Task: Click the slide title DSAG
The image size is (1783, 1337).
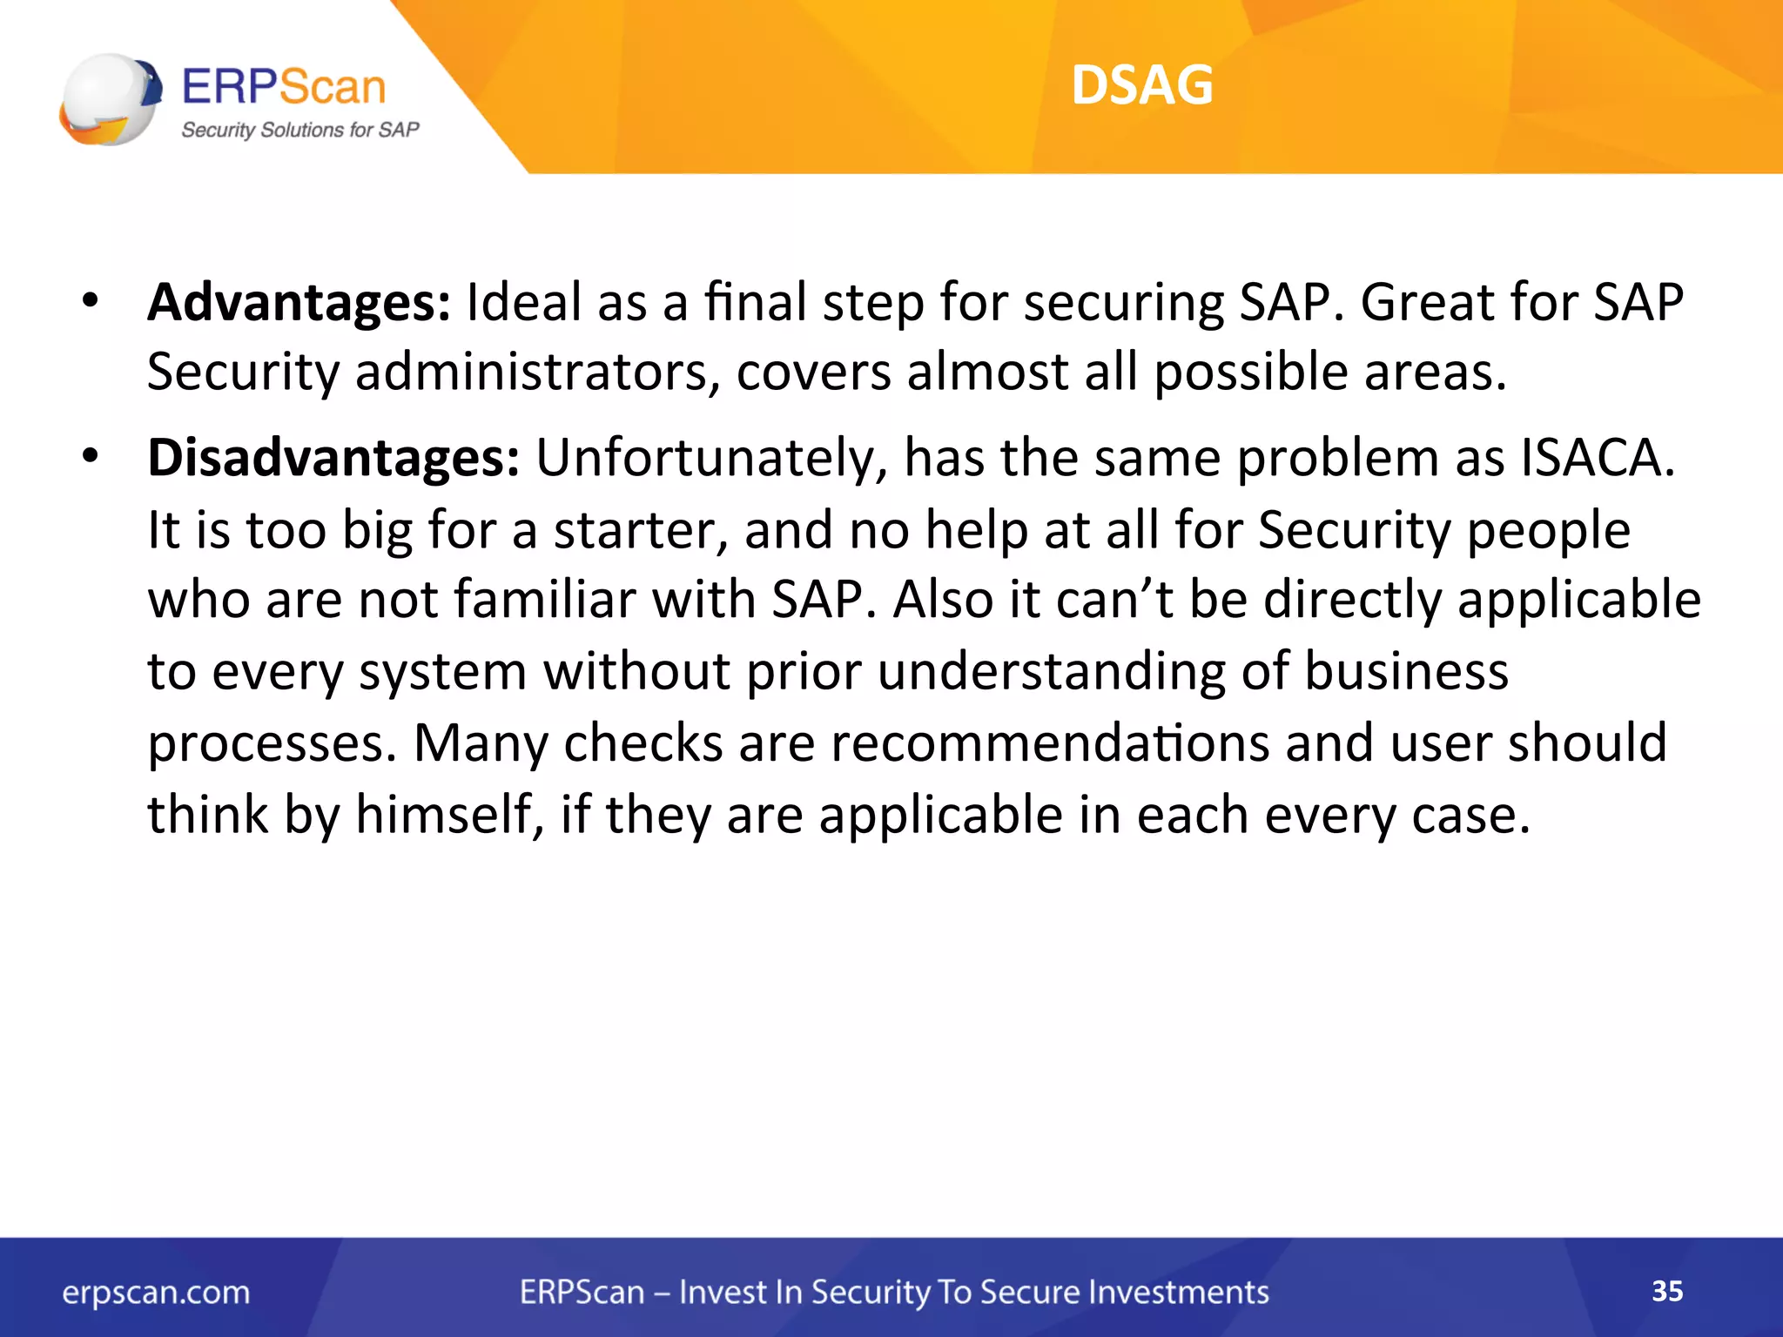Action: [1141, 85]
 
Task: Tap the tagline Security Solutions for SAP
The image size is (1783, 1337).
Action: [299, 130]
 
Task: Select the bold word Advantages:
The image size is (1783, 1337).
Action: [299, 303]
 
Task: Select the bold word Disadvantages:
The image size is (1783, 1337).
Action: [333, 458]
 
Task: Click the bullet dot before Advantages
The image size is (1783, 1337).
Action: [90, 301]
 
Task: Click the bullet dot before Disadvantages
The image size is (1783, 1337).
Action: [90, 456]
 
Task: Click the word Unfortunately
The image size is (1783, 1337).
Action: [710, 458]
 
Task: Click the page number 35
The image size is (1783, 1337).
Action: [1666, 1291]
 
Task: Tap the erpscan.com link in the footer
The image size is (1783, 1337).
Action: [156, 1293]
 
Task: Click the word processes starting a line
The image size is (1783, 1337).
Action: [272, 745]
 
